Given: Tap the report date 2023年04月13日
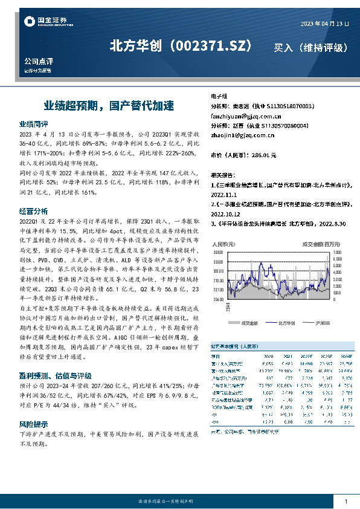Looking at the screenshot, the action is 325,23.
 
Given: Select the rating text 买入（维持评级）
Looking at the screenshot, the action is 310,47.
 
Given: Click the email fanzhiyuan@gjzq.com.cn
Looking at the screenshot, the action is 242,115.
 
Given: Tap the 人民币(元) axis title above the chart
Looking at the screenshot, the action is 223,243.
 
